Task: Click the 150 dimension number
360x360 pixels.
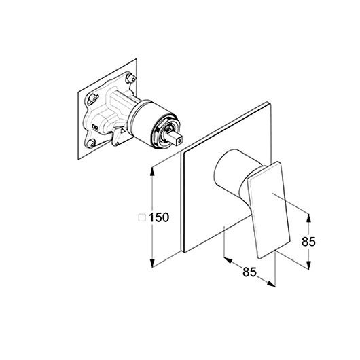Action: coord(159,217)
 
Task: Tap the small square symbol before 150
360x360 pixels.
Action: coord(142,217)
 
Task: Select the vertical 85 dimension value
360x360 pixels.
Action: coord(308,242)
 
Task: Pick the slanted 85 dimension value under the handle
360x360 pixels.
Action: coord(249,272)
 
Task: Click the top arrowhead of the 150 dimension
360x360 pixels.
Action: coord(152,172)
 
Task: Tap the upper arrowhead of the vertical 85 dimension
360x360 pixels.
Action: coord(309,218)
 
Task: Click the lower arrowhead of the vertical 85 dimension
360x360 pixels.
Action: coord(309,265)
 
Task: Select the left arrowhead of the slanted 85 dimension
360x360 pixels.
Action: coord(228,260)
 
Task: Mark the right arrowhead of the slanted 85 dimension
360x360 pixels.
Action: coord(271,284)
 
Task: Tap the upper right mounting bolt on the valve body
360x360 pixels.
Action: coord(131,78)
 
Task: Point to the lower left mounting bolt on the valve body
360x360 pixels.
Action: coord(91,143)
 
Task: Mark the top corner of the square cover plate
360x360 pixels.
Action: coord(267,102)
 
